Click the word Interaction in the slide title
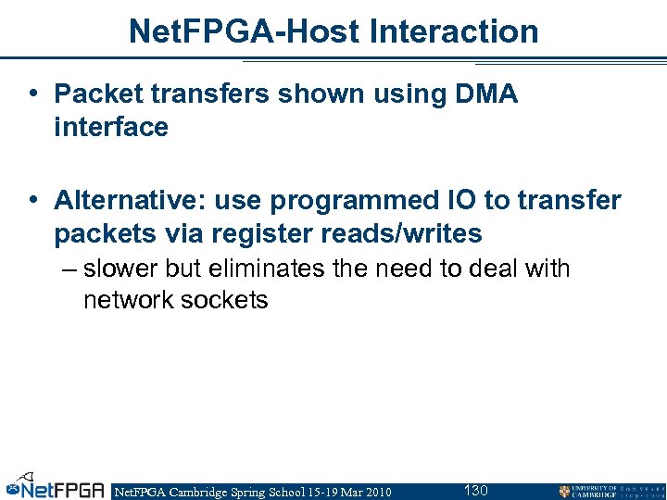click(454, 31)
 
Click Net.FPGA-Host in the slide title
click(244, 31)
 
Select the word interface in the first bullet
click(111, 127)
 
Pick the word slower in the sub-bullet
click(121, 269)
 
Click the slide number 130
click(475, 490)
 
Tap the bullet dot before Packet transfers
click(33, 94)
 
